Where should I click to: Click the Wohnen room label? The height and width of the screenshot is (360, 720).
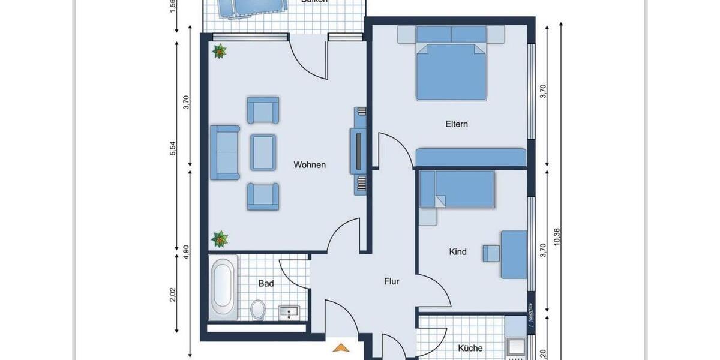tap(310, 165)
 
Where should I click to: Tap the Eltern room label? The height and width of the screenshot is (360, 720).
tap(456, 125)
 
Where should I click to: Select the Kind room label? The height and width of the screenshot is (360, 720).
tap(458, 252)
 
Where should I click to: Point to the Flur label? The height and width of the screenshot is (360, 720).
tap(392, 281)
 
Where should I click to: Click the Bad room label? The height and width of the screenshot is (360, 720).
tap(266, 283)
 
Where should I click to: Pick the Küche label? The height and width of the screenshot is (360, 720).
tap(470, 348)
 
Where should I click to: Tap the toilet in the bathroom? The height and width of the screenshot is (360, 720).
tap(259, 309)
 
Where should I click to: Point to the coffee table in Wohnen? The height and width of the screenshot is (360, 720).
tap(263, 152)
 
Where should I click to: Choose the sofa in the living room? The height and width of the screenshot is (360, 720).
tap(224, 152)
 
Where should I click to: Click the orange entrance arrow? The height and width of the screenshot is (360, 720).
tap(341, 347)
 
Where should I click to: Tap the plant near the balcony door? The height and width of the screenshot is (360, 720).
tap(220, 52)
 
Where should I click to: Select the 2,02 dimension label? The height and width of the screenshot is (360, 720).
tap(173, 295)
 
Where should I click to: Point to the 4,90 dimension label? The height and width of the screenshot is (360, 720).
tap(187, 252)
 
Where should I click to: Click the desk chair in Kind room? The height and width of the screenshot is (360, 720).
tap(491, 253)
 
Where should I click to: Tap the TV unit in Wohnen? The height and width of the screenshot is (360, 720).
tap(358, 151)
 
